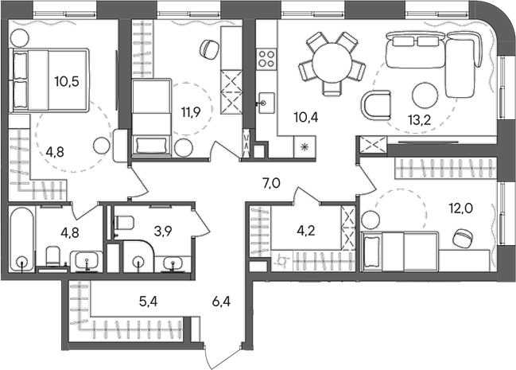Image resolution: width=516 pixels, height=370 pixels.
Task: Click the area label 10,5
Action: coord(67,81)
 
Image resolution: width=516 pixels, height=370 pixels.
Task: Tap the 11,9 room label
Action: coord(189,112)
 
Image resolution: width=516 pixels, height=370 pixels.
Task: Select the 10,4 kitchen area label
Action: coord(305,118)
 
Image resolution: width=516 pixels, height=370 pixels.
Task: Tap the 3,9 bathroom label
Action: coord(163,232)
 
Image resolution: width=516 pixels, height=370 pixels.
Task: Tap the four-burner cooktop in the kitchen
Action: coord(266,57)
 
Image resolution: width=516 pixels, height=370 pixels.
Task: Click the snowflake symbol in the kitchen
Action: coord(305,146)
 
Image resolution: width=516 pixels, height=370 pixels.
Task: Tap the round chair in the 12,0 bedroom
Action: coord(461,236)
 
